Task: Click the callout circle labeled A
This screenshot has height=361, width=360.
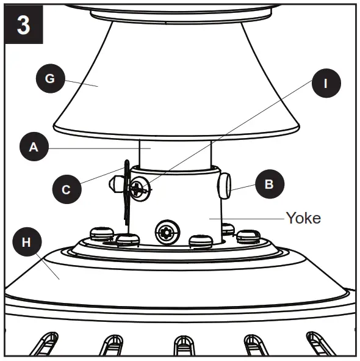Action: pos(34,147)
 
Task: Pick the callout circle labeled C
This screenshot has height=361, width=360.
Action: pos(67,189)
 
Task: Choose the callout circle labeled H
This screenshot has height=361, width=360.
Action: pos(26,242)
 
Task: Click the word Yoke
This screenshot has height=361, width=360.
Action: pos(303,218)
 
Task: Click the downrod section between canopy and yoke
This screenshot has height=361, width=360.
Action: pos(176,153)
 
